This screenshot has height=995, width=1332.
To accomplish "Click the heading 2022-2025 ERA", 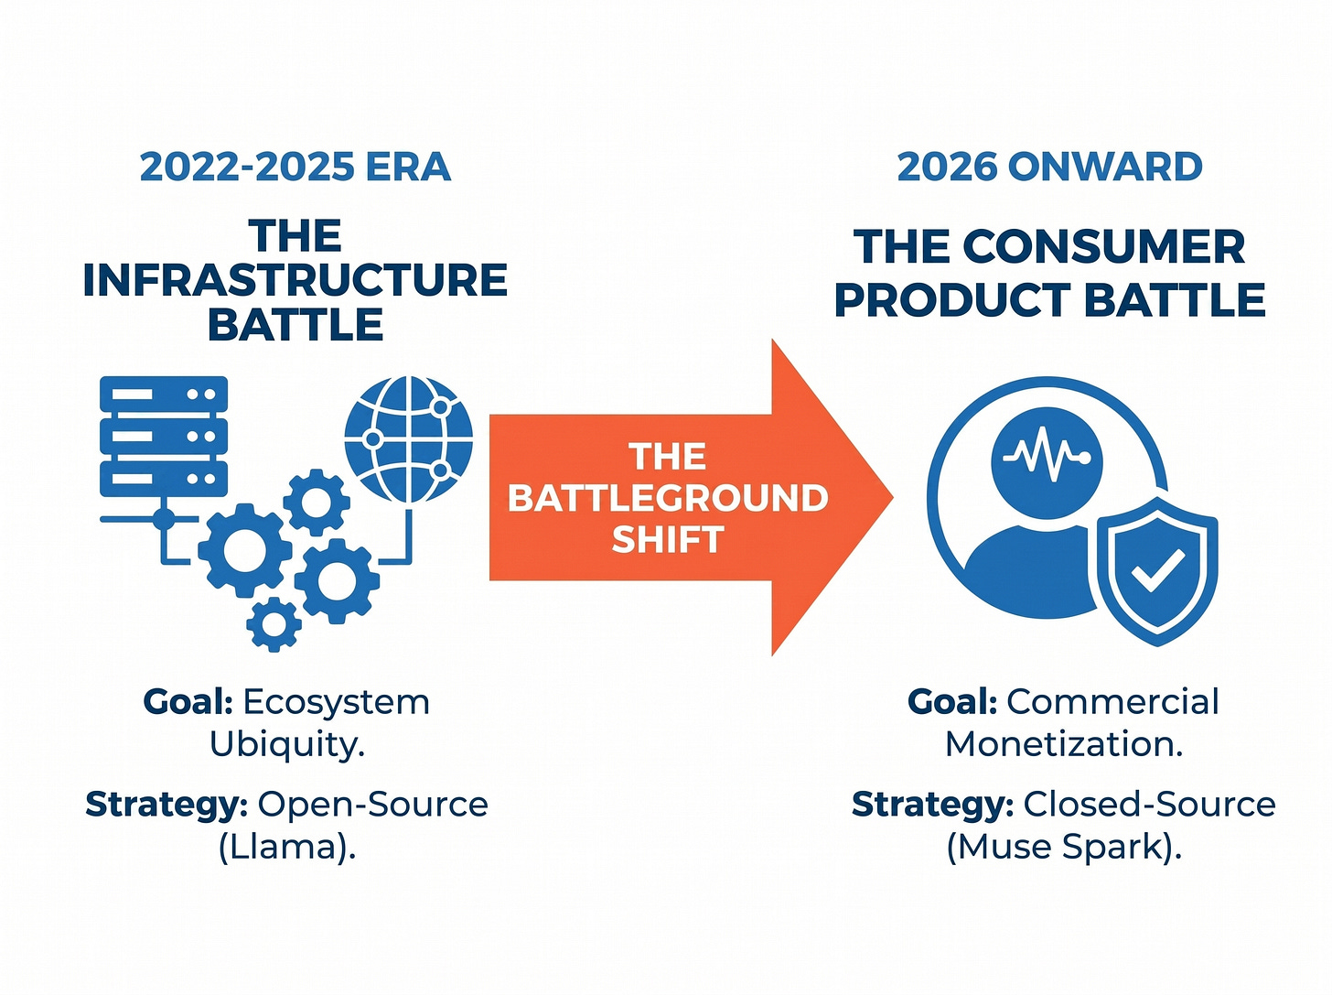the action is coord(295,167).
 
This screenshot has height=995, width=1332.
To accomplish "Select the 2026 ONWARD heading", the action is coord(1049,167).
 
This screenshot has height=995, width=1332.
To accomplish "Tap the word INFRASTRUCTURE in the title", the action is coord(295,280).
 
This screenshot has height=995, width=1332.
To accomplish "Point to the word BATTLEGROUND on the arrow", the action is coord(668,498).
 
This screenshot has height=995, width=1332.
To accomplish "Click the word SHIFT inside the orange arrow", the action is coord(668,538).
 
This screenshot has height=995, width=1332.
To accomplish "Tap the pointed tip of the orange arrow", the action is coord(893,497).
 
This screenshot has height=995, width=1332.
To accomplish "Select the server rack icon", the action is coord(164,437).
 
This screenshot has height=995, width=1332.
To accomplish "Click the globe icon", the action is coord(408,439).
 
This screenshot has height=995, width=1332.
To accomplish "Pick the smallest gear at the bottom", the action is coord(274,624).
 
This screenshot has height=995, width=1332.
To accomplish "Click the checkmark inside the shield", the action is coord(1157,570).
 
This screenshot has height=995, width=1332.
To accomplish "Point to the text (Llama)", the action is coord(287,847).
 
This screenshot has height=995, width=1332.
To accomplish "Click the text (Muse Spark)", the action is coord(1064,847).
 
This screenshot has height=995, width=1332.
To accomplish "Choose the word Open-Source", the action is coord(373,805).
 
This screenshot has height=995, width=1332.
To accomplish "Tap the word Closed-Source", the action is coord(1149,805).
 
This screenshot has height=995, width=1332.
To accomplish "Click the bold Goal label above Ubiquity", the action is coord(188,702).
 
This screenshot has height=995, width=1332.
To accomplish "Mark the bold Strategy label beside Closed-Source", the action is coord(933,806).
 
